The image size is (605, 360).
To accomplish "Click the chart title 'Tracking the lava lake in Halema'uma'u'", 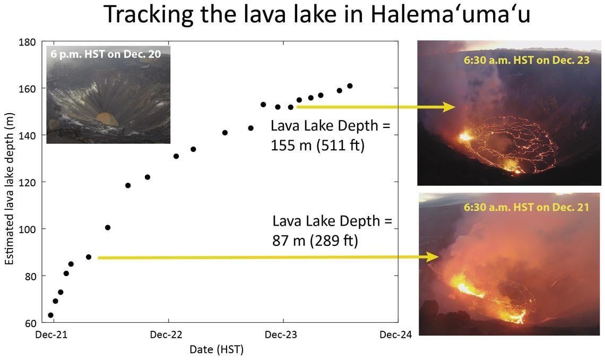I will (x=317, y=14).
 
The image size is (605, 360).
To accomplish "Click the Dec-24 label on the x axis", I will (x=395, y=335).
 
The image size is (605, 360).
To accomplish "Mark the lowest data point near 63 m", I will (x=50, y=315).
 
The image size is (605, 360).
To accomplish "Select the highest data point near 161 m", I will (x=350, y=86).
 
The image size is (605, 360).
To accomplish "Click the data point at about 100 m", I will (x=108, y=228).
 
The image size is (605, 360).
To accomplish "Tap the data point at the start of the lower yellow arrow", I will (x=89, y=257).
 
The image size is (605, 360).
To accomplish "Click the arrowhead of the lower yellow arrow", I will (x=435, y=258).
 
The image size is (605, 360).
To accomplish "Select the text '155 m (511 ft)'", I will (x=318, y=145).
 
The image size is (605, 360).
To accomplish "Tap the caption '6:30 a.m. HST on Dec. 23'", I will (x=526, y=60).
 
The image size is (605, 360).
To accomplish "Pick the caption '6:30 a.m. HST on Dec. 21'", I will (x=526, y=207).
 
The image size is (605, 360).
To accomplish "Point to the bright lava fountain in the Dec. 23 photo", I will (x=465, y=137).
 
